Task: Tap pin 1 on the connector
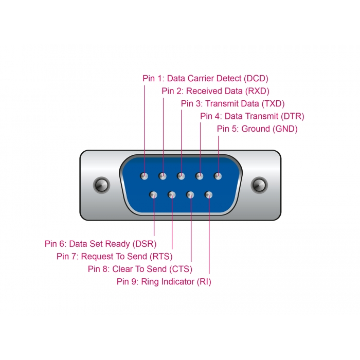tap(145, 176)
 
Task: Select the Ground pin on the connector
tap(218, 176)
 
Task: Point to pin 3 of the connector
tap(181, 176)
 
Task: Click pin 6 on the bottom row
tap(153, 195)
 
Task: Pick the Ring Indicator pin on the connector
tap(209, 195)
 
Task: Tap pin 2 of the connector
tap(163, 176)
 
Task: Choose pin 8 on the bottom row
tap(190, 195)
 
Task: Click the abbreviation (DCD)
tap(256, 79)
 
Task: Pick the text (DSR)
tap(145, 244)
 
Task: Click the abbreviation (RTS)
tap(160, 256)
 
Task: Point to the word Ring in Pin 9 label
tap(151, 282)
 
